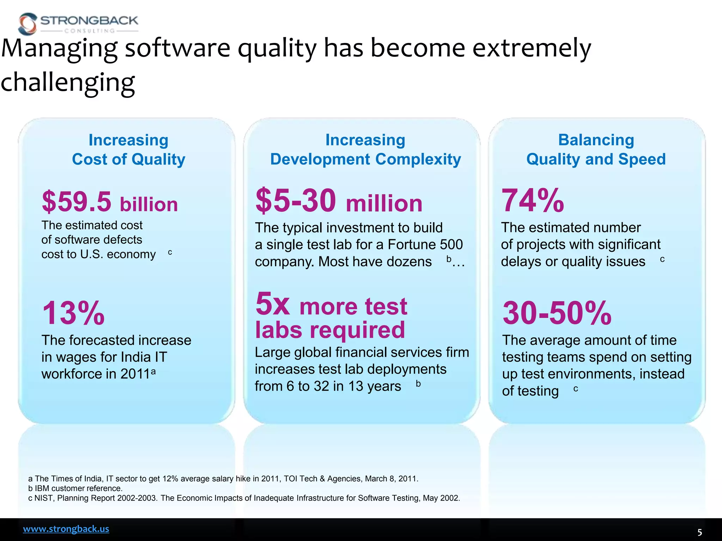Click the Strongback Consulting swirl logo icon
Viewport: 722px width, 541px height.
coord(28,24)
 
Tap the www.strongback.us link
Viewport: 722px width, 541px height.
coord(66,529)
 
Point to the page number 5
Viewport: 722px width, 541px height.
coord(699,532)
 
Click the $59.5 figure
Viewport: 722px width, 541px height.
coord(77,202)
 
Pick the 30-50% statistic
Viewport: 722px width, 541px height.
coord(557,313)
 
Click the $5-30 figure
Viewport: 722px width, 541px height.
coord(295,201)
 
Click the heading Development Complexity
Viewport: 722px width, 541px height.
coord(365,159)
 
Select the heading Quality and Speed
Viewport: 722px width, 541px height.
coord(596,159)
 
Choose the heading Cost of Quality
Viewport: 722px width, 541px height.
coord(128,159)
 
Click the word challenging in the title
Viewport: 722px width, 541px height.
coord(68,82)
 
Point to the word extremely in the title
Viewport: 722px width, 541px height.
coord(531,48)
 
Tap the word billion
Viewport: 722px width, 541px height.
coord(149,205)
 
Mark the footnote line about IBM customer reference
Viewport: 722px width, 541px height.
coord(75,488)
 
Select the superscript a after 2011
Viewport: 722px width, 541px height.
coord(153,372)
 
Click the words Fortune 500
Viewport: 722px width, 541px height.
coord(425,244)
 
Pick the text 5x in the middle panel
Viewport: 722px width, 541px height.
coord(272,304)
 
